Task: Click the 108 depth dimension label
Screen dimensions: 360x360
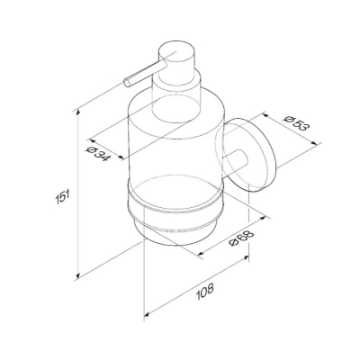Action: pyautogui.click(x=205, y=292)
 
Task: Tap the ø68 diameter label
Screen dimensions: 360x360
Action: pyautogui.click(x=241, y=238)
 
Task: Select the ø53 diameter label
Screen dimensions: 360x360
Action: pyautogui.click(x=295, y=122)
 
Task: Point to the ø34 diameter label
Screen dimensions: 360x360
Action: pyautogui.click(x=97, y=153)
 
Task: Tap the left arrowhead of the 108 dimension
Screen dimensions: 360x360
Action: pyautogui.click(x=148, y=314)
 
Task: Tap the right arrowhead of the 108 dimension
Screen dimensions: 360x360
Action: pyautogui.click(x=246, y=258)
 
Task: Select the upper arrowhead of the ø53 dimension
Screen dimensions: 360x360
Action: pyautogui.click(x=265, y=115)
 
